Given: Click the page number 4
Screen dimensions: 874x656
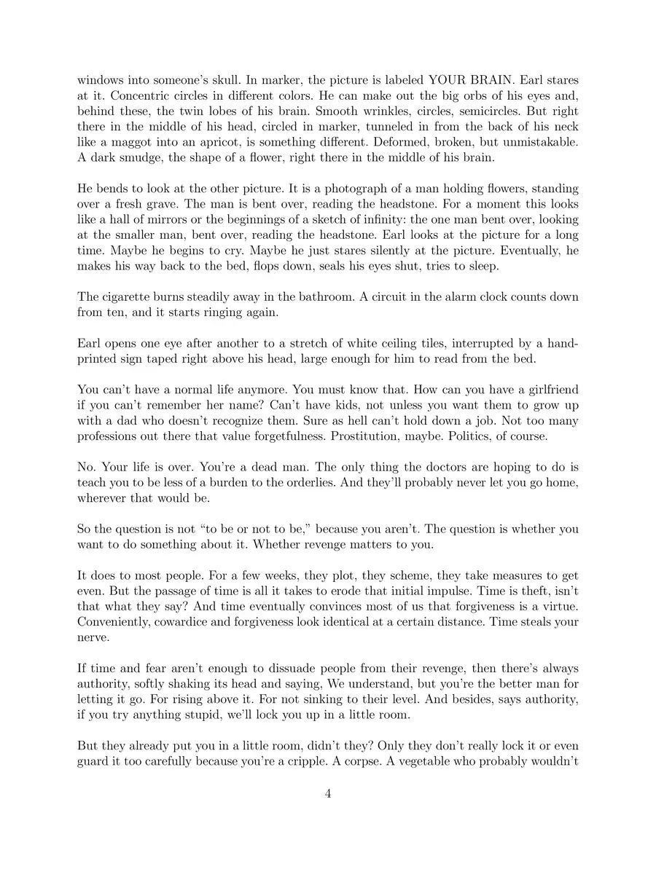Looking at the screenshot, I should [x=328, y=794].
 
